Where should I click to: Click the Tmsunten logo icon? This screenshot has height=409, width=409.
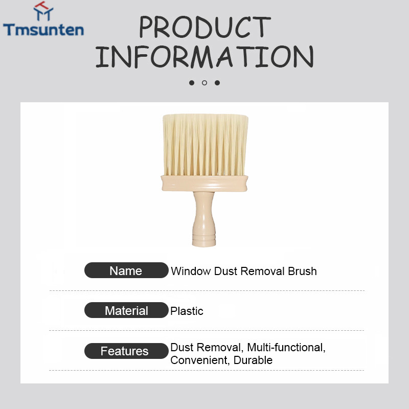[43, 11]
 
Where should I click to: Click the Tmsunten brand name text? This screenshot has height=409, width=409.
[43, 30]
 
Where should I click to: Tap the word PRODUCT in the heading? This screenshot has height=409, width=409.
[205, 27]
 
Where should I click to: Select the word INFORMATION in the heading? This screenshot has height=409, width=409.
[204, 57]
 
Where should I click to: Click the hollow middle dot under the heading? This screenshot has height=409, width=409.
[204, 83]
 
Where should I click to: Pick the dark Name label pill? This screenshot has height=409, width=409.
[126, 270]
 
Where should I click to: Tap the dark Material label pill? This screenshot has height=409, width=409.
[126, 310]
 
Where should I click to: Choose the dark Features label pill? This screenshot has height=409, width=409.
[126, 351]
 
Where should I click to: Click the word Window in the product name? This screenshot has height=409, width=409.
[191, 271]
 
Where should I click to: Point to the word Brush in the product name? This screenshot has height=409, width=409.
[302, 271]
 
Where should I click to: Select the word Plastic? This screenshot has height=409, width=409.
[187, 311]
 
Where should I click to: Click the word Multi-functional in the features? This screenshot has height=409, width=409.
[286, 348]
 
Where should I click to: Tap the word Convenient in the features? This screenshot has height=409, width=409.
[200, 360]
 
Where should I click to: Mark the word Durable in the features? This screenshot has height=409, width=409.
[253, 360]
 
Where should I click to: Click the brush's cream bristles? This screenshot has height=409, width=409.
[206, 145]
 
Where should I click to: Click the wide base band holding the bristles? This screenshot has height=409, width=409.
[204, 183]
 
